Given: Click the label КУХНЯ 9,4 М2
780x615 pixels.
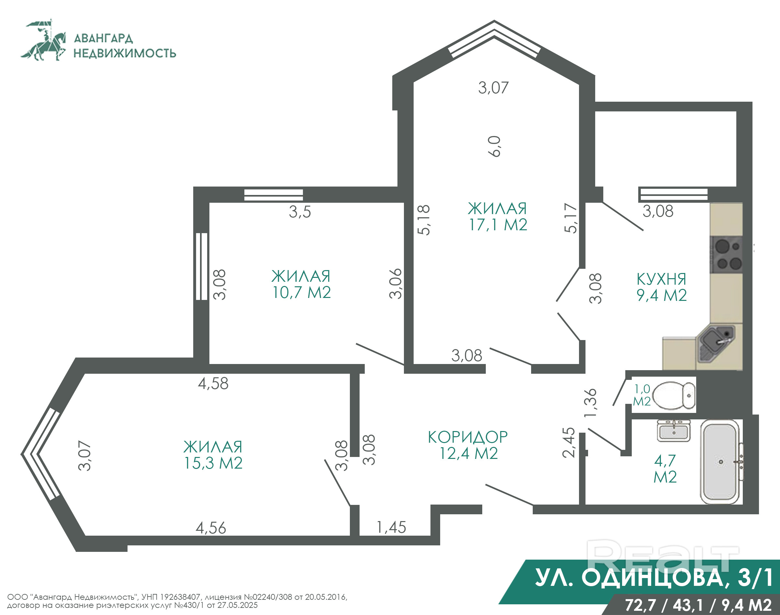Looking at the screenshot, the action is pos(662,287).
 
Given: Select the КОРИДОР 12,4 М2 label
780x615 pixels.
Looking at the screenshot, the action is pos(468,445).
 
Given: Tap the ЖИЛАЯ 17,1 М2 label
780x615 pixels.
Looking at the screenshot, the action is pos(497,217).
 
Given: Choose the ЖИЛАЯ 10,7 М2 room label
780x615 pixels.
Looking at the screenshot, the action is pos(301,284).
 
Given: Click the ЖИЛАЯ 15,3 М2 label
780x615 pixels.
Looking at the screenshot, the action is pos(213,455).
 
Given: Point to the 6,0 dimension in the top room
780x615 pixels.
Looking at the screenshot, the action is pos(495,146).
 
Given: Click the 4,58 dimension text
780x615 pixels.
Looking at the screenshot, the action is pos(213,383).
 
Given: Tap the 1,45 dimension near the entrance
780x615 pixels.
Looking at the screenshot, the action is pos(391,528).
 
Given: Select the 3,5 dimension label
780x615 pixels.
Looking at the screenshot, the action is pos(300,212).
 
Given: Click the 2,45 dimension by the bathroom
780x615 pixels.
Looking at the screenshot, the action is pos(568,442).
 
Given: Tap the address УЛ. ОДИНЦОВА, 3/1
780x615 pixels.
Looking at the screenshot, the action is pos(654,578).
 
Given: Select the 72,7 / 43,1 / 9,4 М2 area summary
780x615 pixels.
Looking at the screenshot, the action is pos(698,605).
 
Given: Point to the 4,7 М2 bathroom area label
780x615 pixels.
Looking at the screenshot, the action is pos(665,469).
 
